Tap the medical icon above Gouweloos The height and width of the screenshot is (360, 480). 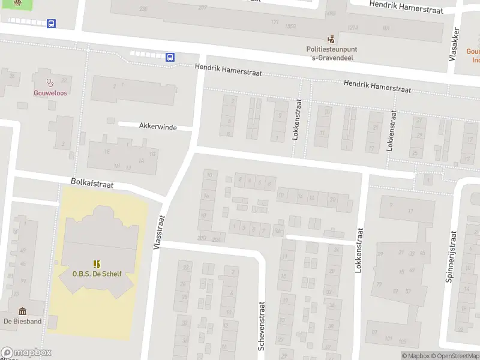click(50, 81)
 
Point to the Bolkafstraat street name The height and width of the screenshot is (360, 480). click(92, 184)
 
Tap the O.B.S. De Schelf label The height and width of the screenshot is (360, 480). click(97, 274)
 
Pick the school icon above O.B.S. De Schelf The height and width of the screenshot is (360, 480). click(97, 263)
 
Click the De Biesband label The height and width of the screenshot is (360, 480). click(22, 321)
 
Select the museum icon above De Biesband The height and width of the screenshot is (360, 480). click(23, 310)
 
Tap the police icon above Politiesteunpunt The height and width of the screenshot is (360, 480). click(331, 39)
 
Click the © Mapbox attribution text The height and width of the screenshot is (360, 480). click(416, 356)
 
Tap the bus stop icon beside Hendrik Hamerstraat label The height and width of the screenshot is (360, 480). click(170, 58)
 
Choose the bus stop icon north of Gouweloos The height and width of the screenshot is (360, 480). click(52, 24)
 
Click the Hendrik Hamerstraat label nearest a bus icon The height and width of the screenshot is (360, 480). click(229, 70)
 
